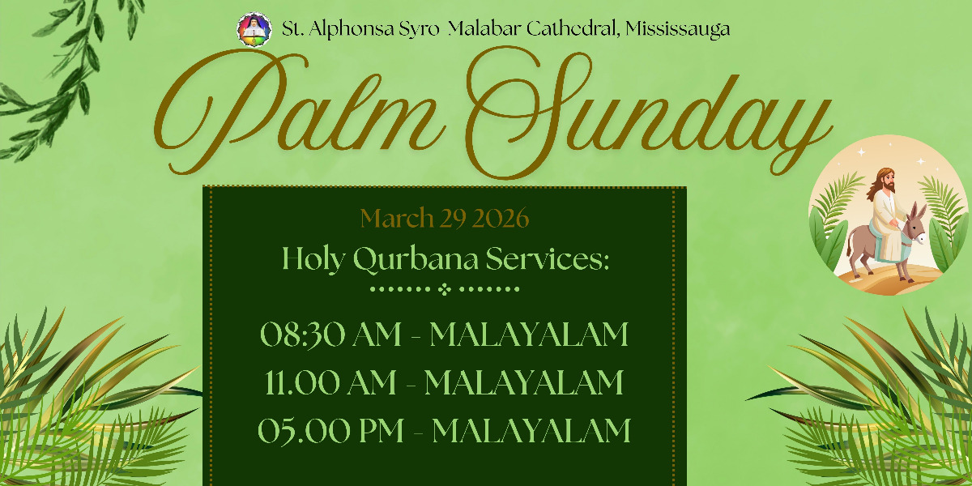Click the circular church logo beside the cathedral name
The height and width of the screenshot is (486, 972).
254,29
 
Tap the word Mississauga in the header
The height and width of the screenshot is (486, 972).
677,29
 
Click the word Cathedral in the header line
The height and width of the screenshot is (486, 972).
573,28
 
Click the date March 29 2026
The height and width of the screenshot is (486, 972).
445,218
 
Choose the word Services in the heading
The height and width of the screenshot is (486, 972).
548,258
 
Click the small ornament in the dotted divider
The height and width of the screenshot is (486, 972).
445,289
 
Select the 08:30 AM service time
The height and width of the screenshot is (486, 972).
330,335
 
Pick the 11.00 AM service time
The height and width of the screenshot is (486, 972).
330,382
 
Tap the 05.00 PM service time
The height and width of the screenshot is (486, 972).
330,430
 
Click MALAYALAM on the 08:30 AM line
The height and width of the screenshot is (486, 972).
529,334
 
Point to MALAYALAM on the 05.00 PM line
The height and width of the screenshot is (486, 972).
531,430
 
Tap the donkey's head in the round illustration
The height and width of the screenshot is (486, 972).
915,228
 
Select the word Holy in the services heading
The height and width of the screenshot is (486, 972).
313,259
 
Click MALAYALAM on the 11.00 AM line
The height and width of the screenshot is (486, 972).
524,382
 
